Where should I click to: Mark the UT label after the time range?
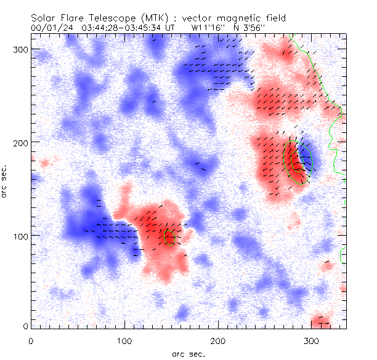click(171, 28)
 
